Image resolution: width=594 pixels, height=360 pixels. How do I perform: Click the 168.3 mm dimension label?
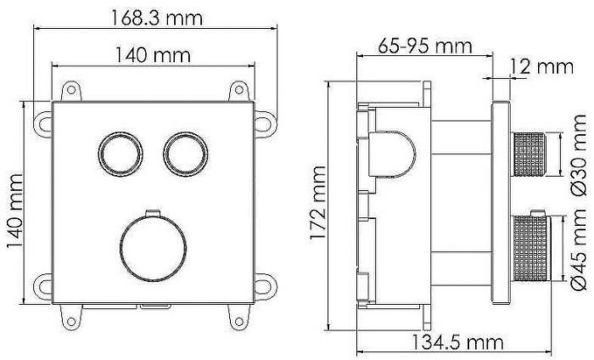155,15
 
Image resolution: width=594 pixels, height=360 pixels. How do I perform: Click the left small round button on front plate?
115,153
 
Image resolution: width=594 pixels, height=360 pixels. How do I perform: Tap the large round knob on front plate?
151,247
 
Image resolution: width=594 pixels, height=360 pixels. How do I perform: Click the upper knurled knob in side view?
530,154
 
